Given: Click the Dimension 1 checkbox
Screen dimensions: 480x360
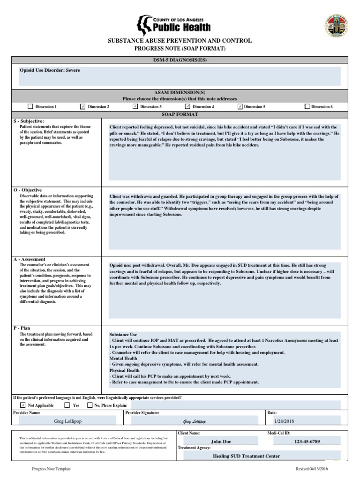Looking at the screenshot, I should pyautogui.click(x=30, y=106).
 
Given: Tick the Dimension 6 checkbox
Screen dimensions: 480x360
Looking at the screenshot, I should pyautogui.click(x=307, y=106).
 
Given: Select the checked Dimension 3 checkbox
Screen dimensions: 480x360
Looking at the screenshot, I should pyautogui.click(x=135, y=106).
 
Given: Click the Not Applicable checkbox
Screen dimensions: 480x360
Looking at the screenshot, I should pyautogui.click(x=23, y=405).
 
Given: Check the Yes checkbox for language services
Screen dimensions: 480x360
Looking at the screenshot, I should pyautogui.click(x=67, y=405).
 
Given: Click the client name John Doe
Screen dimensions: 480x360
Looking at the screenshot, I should pyautogui.click(x=221, y=442).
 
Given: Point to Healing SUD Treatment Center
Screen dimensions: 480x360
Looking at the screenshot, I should pyautogui.click(x=246, y=456).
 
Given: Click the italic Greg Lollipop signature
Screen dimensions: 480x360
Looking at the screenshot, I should pyautogui.click(x=194, y=421).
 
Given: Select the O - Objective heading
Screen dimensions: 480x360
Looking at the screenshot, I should pyautogui.click(x=28, y=190).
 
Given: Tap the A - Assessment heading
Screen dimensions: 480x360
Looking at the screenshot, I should pyautogui.click(x=29, y=259).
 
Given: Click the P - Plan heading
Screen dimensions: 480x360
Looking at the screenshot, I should pyautogui.click(x=22, y=328).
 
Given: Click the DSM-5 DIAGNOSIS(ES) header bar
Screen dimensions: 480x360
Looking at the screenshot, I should pyautogui.click(x=180, y=60).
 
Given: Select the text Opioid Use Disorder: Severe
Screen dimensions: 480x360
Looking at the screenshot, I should pyautogui.click(x=50, y=70).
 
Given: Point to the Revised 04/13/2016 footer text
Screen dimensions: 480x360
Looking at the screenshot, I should pyautogui.click(x=312, y=469).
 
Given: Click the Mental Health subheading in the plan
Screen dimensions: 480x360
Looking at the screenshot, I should pyautogui.click(x=123, y=358).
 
